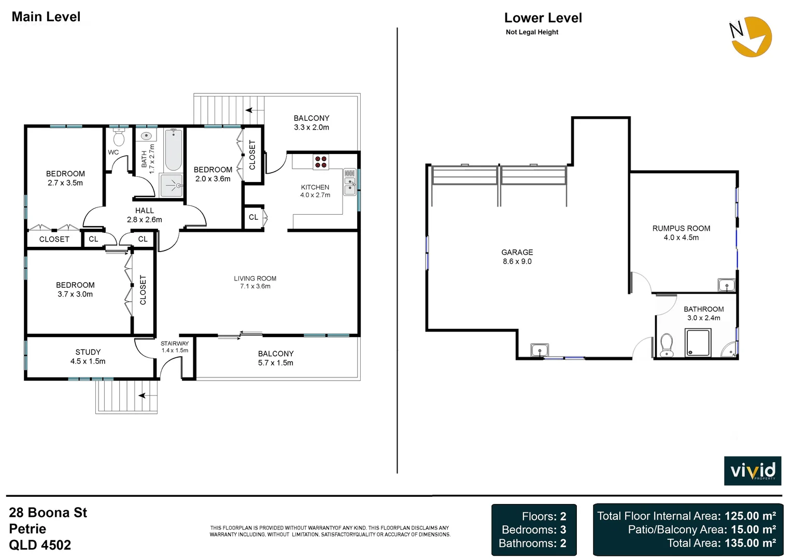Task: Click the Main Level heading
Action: tap(46, 17)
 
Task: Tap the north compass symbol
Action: tap(751, 36)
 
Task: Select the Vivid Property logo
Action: tap(752, 471)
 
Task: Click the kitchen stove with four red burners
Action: tap(321, 162)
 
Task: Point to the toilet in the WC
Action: tap(119, 138)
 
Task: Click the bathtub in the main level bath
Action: tap(173, 150)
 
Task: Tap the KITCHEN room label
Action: tap(315, 187)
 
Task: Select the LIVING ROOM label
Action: tap(255, 278)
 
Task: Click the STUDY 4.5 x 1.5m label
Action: tap(88, 357)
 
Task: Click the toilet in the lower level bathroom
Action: tap(667, 345)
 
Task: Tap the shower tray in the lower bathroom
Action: tap(698, 343)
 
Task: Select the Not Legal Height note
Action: tap(532, 32)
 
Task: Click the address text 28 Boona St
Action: tap(48, 513)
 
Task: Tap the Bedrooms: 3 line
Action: tap(533, 530)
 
